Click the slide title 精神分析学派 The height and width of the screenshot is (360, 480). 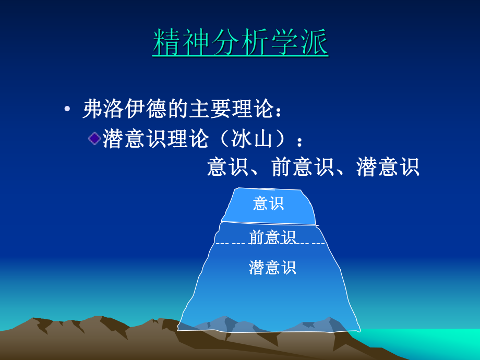[x=241, y=43]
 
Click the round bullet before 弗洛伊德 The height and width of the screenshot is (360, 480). [x=67, y=110]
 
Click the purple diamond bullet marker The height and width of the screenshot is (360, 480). [x=94, y=138]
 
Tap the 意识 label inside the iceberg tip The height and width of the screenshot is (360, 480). [x=268, y=203]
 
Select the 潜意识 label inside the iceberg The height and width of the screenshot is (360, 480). [x=272, y=267]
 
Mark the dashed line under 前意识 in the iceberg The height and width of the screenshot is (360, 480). [x=230, y=244]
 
